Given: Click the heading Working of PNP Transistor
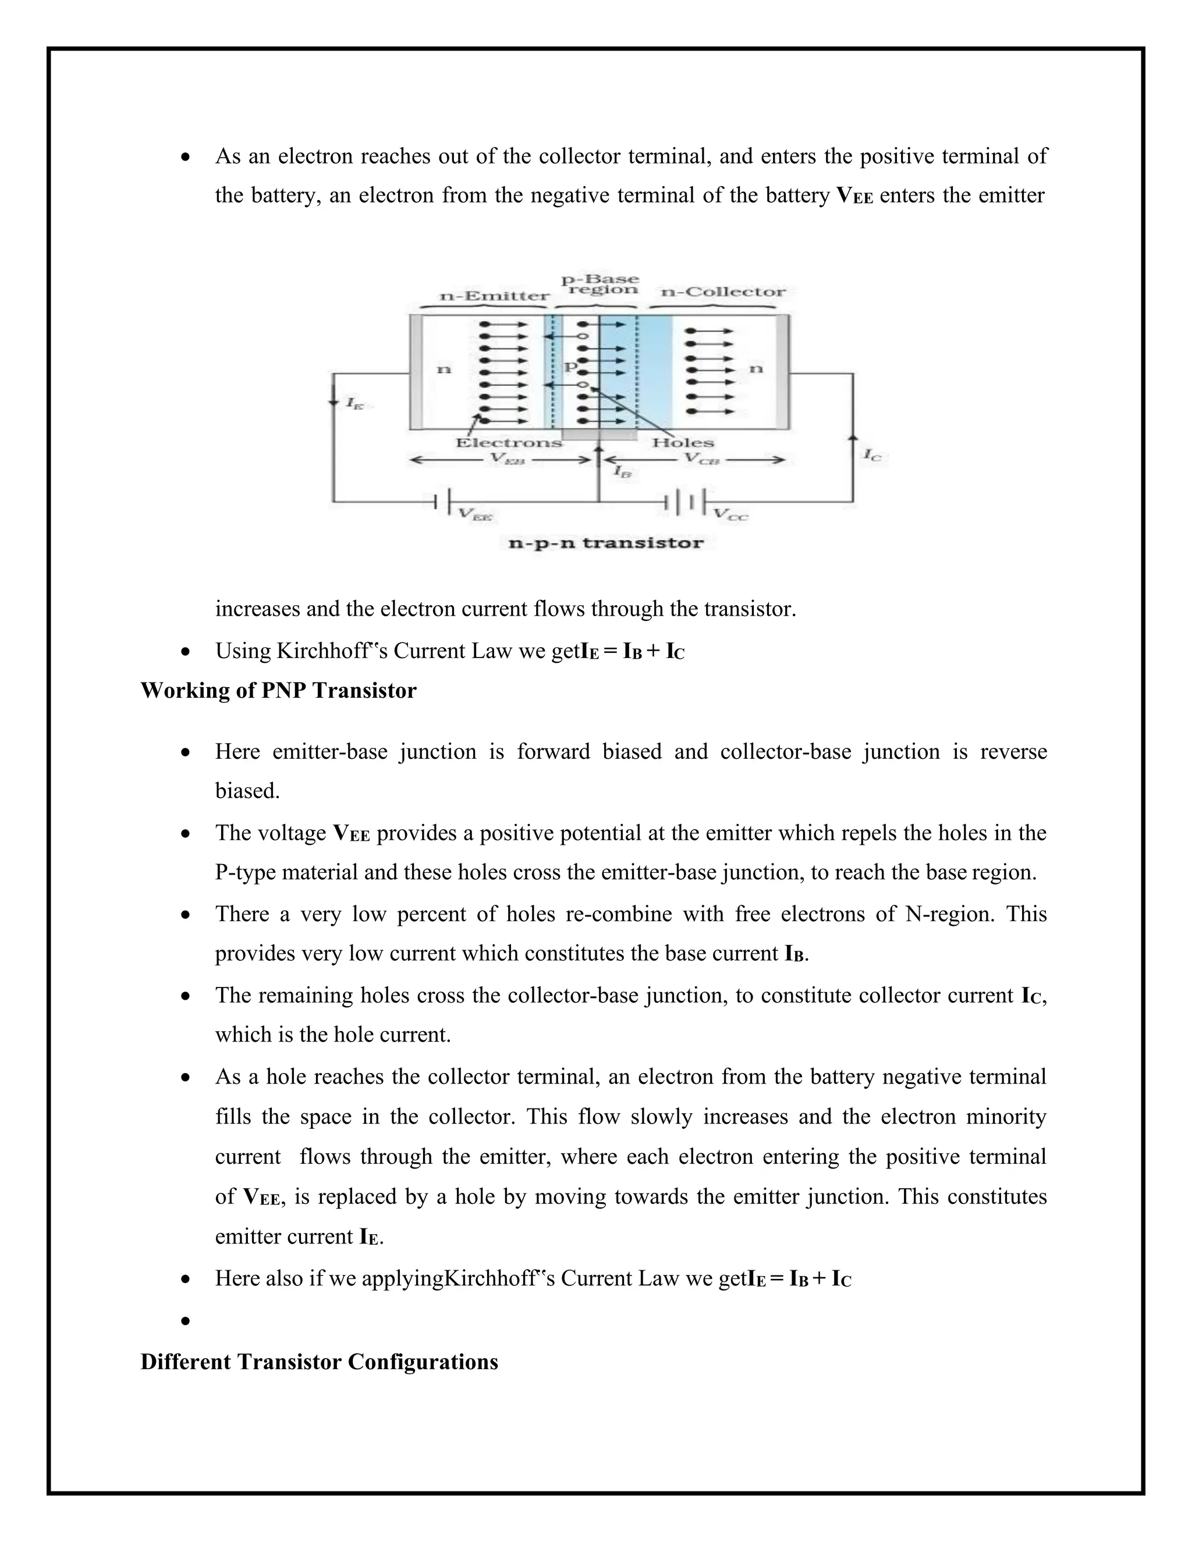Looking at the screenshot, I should [x=278, y=691].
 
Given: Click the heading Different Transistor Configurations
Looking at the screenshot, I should [x=319, y=1362].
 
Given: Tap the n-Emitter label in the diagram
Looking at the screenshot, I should [x=494, y=296].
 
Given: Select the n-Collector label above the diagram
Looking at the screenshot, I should [x=722, y=292].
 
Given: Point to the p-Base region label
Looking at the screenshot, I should [x=599, y=285].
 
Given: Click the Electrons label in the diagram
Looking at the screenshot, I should [x=509, y=443].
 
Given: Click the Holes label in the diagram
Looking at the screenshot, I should [x=682, y=443].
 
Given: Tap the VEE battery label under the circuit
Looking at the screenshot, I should [x=474, y=515].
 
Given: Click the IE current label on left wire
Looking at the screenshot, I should [x=354, y=404].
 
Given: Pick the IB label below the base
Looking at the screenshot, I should [x=622, y=472].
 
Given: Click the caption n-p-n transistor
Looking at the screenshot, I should [x=605, y=543].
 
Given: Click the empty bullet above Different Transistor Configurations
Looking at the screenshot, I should [x=186, y=1321].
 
